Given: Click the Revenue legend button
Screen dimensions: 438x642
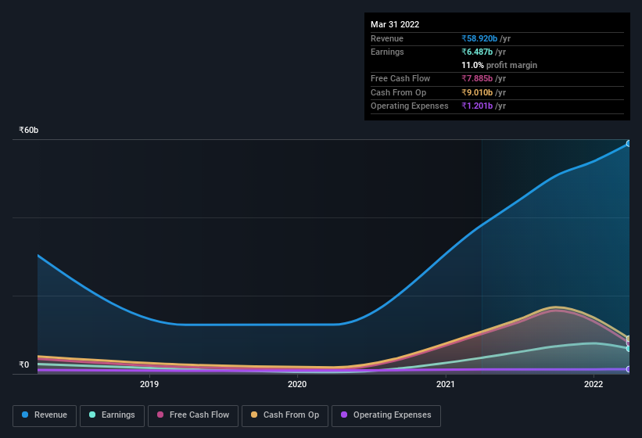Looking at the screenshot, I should click(45, 415).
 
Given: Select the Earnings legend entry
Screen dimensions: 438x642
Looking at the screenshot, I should click(113, 415).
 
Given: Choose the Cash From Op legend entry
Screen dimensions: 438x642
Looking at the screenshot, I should click(285, 415).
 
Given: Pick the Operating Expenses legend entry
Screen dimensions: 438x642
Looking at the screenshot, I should click(386, 415).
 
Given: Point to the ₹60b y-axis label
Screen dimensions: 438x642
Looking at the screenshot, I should click(29, 130).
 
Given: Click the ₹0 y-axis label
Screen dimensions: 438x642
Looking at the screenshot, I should click(23, 364).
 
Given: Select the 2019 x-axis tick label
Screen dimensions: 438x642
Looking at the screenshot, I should click(149, 384).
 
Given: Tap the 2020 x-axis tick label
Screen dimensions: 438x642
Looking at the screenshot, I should click(297, 384).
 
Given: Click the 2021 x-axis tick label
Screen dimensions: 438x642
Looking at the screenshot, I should click(446, 384).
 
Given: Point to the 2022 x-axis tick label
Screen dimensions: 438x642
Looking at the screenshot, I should click(594, 384).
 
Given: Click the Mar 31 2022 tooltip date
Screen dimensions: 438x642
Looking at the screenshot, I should click(395, 24).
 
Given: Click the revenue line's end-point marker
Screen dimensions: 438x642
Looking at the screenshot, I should click(628, 144).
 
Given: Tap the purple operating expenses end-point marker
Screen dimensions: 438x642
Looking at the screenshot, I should click(628, 369).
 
